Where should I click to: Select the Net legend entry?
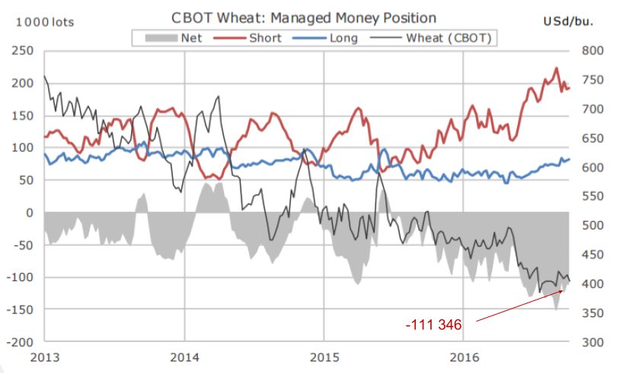191,37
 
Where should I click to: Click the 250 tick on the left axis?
23,51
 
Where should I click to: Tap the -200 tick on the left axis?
20,342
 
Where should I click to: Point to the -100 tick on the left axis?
20,277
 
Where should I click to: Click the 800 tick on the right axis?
592,51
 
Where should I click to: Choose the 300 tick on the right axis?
592,342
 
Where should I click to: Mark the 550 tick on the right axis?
592,197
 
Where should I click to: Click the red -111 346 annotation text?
433,325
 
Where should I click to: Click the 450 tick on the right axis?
592,255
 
